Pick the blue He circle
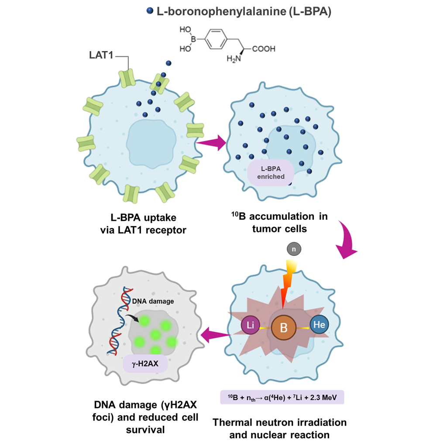click(x=319, y=325)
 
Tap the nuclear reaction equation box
click(x=283, y=397)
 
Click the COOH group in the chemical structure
click(x=264, y=49)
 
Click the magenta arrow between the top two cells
click(x=211, y=142)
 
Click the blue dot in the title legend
click(x=149, y=11)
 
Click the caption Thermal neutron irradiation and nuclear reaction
click(x=279, y=428)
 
